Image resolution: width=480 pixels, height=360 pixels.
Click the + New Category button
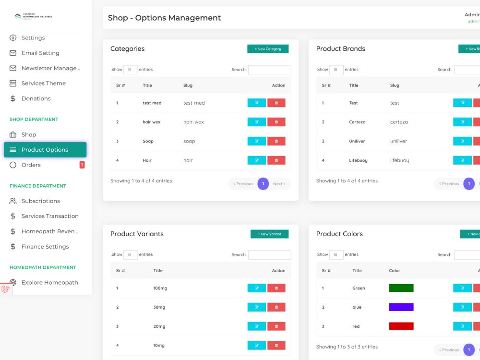click(x=268, y=49)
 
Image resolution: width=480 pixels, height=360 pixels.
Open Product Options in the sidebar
click(x=45, y=150)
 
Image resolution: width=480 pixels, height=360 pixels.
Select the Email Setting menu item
click(x=40, y=53)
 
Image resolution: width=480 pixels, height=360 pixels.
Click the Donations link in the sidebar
click(x=36, y=98)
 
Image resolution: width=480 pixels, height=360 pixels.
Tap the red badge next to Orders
click(x=82, y=165)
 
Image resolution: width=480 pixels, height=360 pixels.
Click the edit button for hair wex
click(x=256, y=122)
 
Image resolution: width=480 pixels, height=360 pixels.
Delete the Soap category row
click(x=276, y=141)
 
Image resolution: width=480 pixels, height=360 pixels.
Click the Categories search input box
click(x=269, y=70)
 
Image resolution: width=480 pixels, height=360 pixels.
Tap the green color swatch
click(x=401, y=288)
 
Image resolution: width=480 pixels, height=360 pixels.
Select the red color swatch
click(x=401, y=326)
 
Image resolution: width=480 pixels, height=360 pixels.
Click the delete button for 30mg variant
click(x=276, y=307)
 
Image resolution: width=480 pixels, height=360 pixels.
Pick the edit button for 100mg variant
click(x=256, y=288)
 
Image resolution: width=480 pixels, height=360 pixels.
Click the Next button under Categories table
click(x=279, y=184)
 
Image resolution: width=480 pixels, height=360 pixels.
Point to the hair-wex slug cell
click(x=193, y=122)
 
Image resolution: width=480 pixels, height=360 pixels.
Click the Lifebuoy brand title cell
click(x=358, y=160)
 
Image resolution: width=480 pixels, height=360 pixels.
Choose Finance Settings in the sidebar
click(x=45, y=247)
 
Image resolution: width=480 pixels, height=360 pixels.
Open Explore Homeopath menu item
click(x=49, y=283)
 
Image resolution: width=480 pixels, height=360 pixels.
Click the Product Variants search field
click(x=269, y=255)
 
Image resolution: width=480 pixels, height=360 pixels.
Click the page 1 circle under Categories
click(x=263, y=184)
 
